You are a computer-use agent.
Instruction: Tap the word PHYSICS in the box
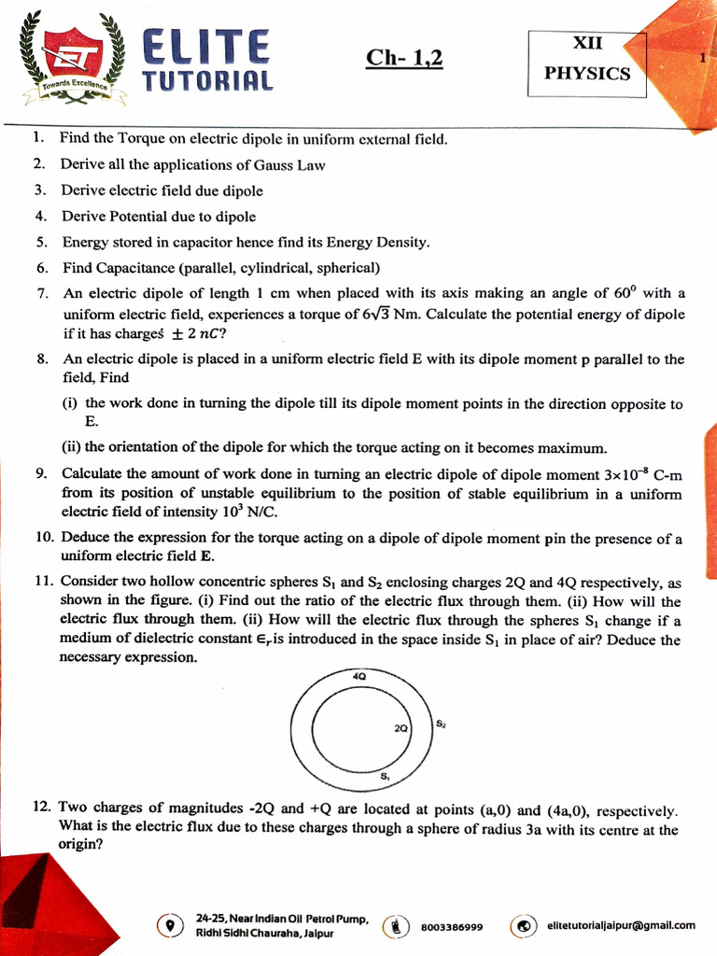(x=587, y=74)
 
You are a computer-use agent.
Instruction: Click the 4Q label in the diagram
(x=359, y=675)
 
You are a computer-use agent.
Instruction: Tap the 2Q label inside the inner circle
(x=402, y=728)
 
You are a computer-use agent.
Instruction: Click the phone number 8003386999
(x=452, y=927)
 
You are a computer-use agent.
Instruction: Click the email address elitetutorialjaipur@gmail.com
(x=621, y=925)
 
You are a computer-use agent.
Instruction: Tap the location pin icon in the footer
(x=169, y=925)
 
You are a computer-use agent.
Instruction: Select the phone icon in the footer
(x=398, y=926)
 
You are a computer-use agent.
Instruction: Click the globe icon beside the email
(x=524, y=925)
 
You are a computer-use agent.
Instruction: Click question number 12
(x=42, y=808)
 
